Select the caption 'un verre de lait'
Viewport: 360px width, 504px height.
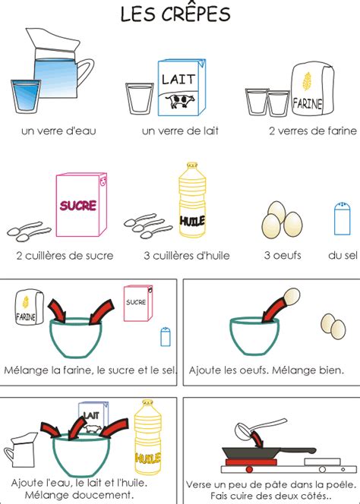[x=180, y=131]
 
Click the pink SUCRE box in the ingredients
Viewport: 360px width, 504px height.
[x=81, y=205]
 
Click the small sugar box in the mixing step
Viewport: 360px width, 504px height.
[x=137, y=304]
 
